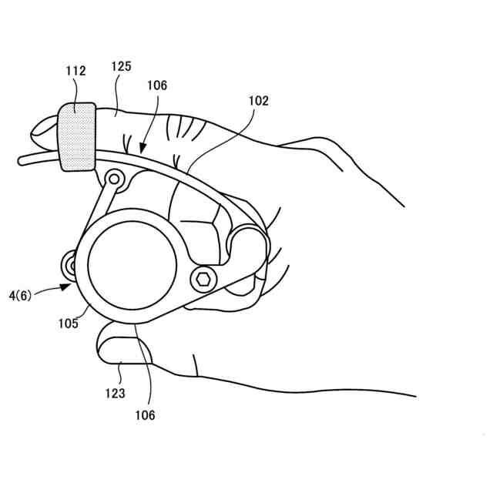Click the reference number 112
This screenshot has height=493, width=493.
tap(75, 71)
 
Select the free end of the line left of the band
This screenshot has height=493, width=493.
tap(20, 159)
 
